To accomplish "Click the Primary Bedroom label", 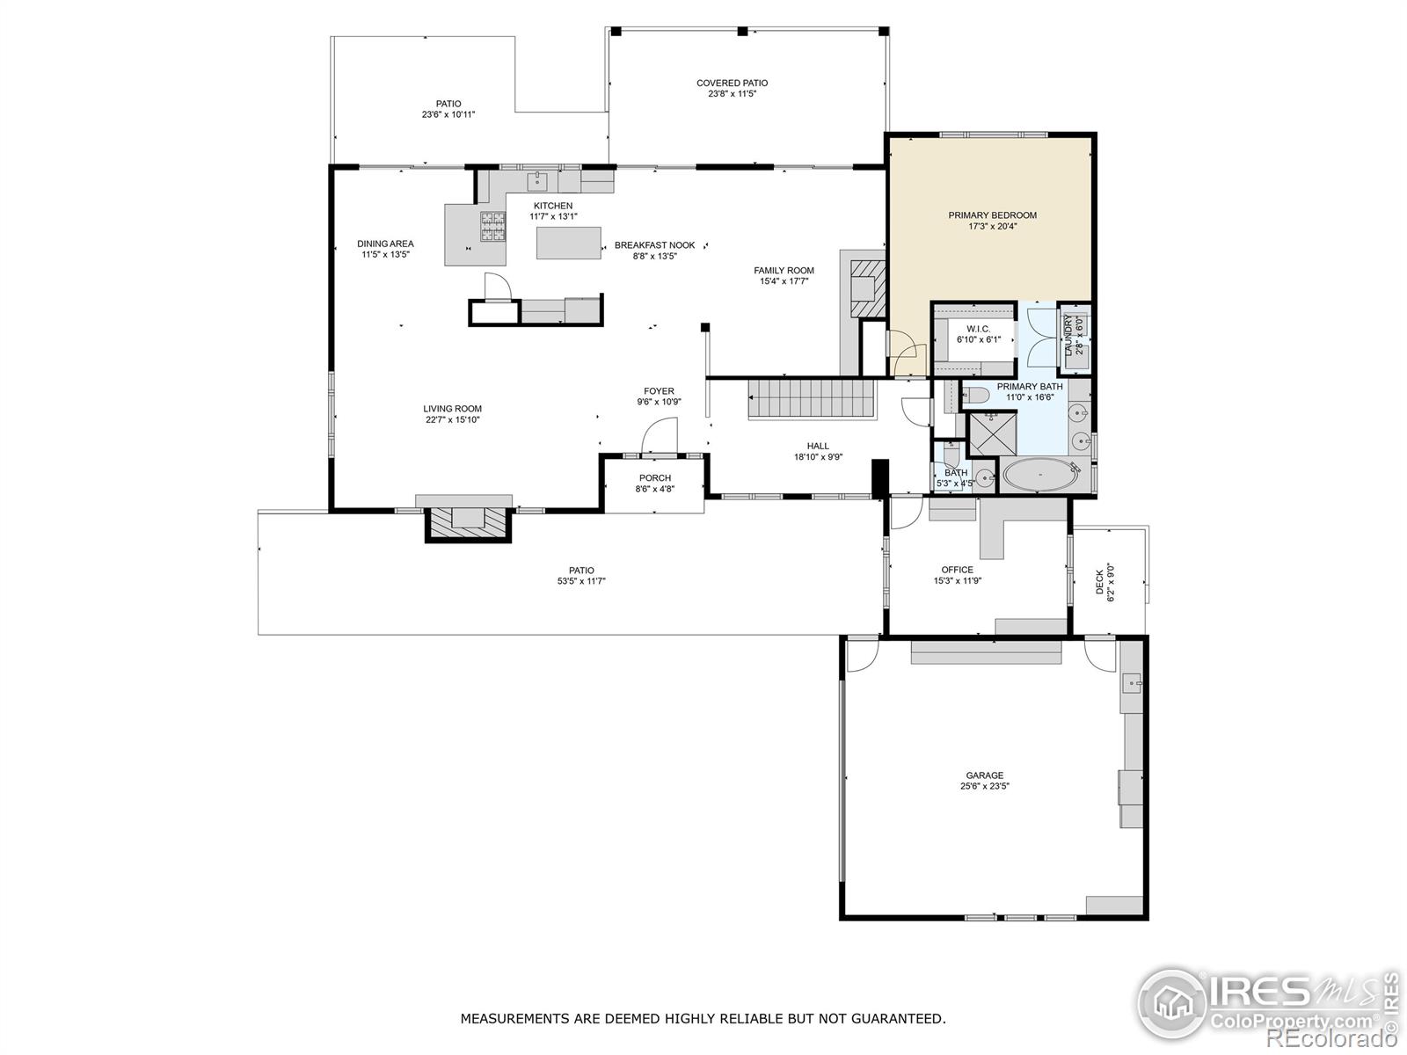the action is (x=992, y=215).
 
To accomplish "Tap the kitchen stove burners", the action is (x=493, y=227).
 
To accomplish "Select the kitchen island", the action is (x=569, y=243).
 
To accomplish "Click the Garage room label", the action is (x=985, y=775).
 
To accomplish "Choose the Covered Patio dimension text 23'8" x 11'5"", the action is (x=732, y=93).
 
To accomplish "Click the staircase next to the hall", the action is (x=813, y=399).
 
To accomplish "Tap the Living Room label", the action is (x=452, y=409).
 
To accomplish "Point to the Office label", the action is (x=957, y=570).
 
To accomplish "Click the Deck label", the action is (x=1100, y=582).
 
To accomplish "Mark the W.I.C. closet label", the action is (x=978, y=329).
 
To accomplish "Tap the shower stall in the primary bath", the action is (x=992, y=434).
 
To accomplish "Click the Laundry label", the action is (x=1068, y=335).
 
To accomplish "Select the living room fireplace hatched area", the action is (x=468, y=523).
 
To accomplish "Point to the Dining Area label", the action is (x=385, y=244).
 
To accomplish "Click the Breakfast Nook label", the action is (x=654, y=245).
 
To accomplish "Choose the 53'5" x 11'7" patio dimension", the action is (x=581, y=581).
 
